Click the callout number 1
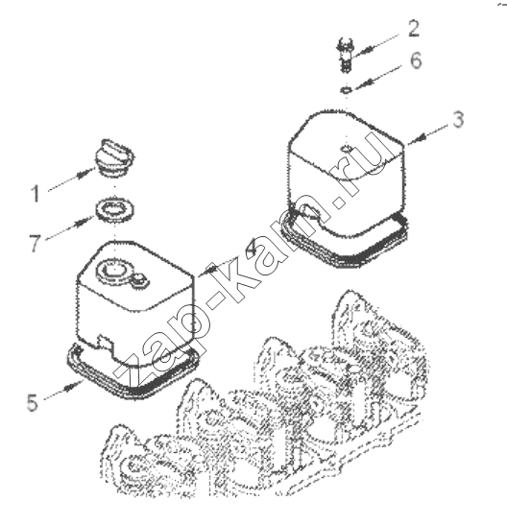(x=36, y=194)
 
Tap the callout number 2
(x=414, y=29)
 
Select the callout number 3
(x=458, y=120)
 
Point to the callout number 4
(x=252, y=247)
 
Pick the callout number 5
(x=33, y=402)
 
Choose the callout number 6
(x=416, y=60)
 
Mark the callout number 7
(x=36, y=243)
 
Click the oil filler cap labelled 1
(x=114, y=157)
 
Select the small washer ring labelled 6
(x=347, y=89)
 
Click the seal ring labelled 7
(x=115, y=210)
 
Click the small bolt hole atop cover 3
(x=346, y=148)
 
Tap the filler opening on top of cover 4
(x=112, y=270)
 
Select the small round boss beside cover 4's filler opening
(x=140, y=279)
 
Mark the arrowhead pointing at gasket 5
(x=69, y=387)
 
